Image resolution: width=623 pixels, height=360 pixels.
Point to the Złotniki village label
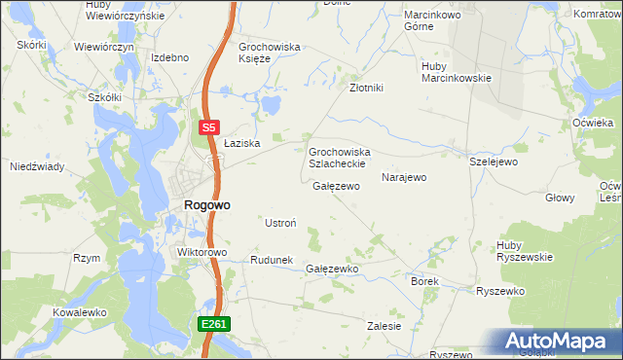[x=367, y=88]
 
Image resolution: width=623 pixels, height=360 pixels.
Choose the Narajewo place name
[x=404, y=178]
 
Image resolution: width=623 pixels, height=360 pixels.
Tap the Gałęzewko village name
[x=333, y=269]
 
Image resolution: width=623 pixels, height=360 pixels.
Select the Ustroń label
[x=280, y=223]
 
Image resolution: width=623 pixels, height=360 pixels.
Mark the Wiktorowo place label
[x=202, y=252]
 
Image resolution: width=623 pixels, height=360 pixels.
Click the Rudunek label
[x=272, y=260]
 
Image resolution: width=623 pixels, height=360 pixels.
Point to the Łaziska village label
[x=239, y=143]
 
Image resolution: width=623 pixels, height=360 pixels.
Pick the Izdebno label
[x=169, y=57]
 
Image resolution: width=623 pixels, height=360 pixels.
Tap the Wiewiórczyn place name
[x=103, y=47]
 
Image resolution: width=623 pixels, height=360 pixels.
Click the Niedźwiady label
[x=37, y=166]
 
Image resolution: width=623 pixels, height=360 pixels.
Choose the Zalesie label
[x=385, y=326]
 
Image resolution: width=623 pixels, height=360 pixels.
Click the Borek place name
[x=425, y=281]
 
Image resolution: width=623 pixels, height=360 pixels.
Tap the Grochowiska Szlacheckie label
[x=338, y=158]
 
